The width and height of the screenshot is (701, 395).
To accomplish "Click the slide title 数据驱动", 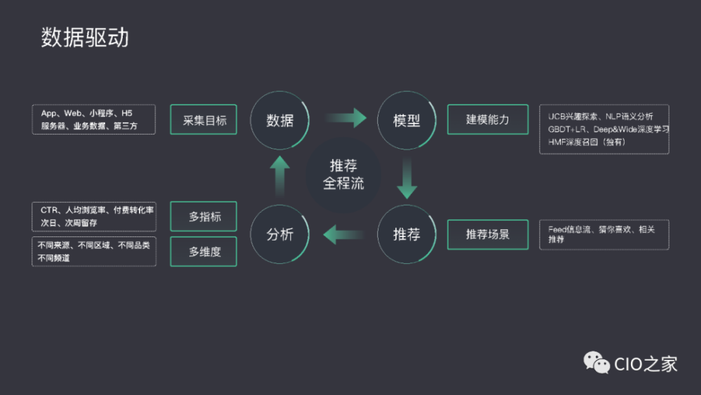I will pyautogui.click(x=85, y=38).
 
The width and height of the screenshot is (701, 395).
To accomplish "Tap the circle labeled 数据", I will pyautogui.click(x=280, y=120).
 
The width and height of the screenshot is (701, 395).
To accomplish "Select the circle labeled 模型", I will pyautogui.click(x=407, y=120).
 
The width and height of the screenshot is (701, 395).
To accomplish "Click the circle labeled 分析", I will pyautogui.click(x=280, y=234).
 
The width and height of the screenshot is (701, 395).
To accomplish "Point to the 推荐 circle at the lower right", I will pyautogui.click(x=407, y=234).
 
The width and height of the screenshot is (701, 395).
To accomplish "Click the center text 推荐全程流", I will pyautogui.click(x=343, y=175).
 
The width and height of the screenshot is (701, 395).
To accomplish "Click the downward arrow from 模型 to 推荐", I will pyautogui.click(x=407, y=179).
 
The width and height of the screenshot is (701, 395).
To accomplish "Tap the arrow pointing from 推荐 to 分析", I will pyautogui.click(x=343, y=234).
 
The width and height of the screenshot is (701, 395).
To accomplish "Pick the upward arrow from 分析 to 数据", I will pyautogui.click(x=280, y=175).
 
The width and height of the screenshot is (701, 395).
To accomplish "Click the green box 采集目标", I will pyautogui.click(x=204, y=120).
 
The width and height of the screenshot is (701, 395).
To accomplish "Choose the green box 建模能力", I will pyautogui.click(x=487, y=120).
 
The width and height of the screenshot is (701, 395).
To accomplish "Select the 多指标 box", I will pyautogui.click(x=204, y=217).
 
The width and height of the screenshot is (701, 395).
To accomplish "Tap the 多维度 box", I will pyautogui.click(x=204, y=252).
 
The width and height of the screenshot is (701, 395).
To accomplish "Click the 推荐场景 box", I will pyautogui.click(x=487, y=234).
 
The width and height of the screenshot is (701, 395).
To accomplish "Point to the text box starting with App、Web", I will pyautogui.click(x=93, y=120).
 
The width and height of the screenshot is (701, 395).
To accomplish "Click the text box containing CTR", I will pyautogui.click(x=93, y=216).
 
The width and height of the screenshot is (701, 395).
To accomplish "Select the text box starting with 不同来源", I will pyautogui.click(x=93, y=251).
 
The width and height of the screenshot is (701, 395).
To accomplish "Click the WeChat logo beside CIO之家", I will pyautogui.click(x=597, y=363).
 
